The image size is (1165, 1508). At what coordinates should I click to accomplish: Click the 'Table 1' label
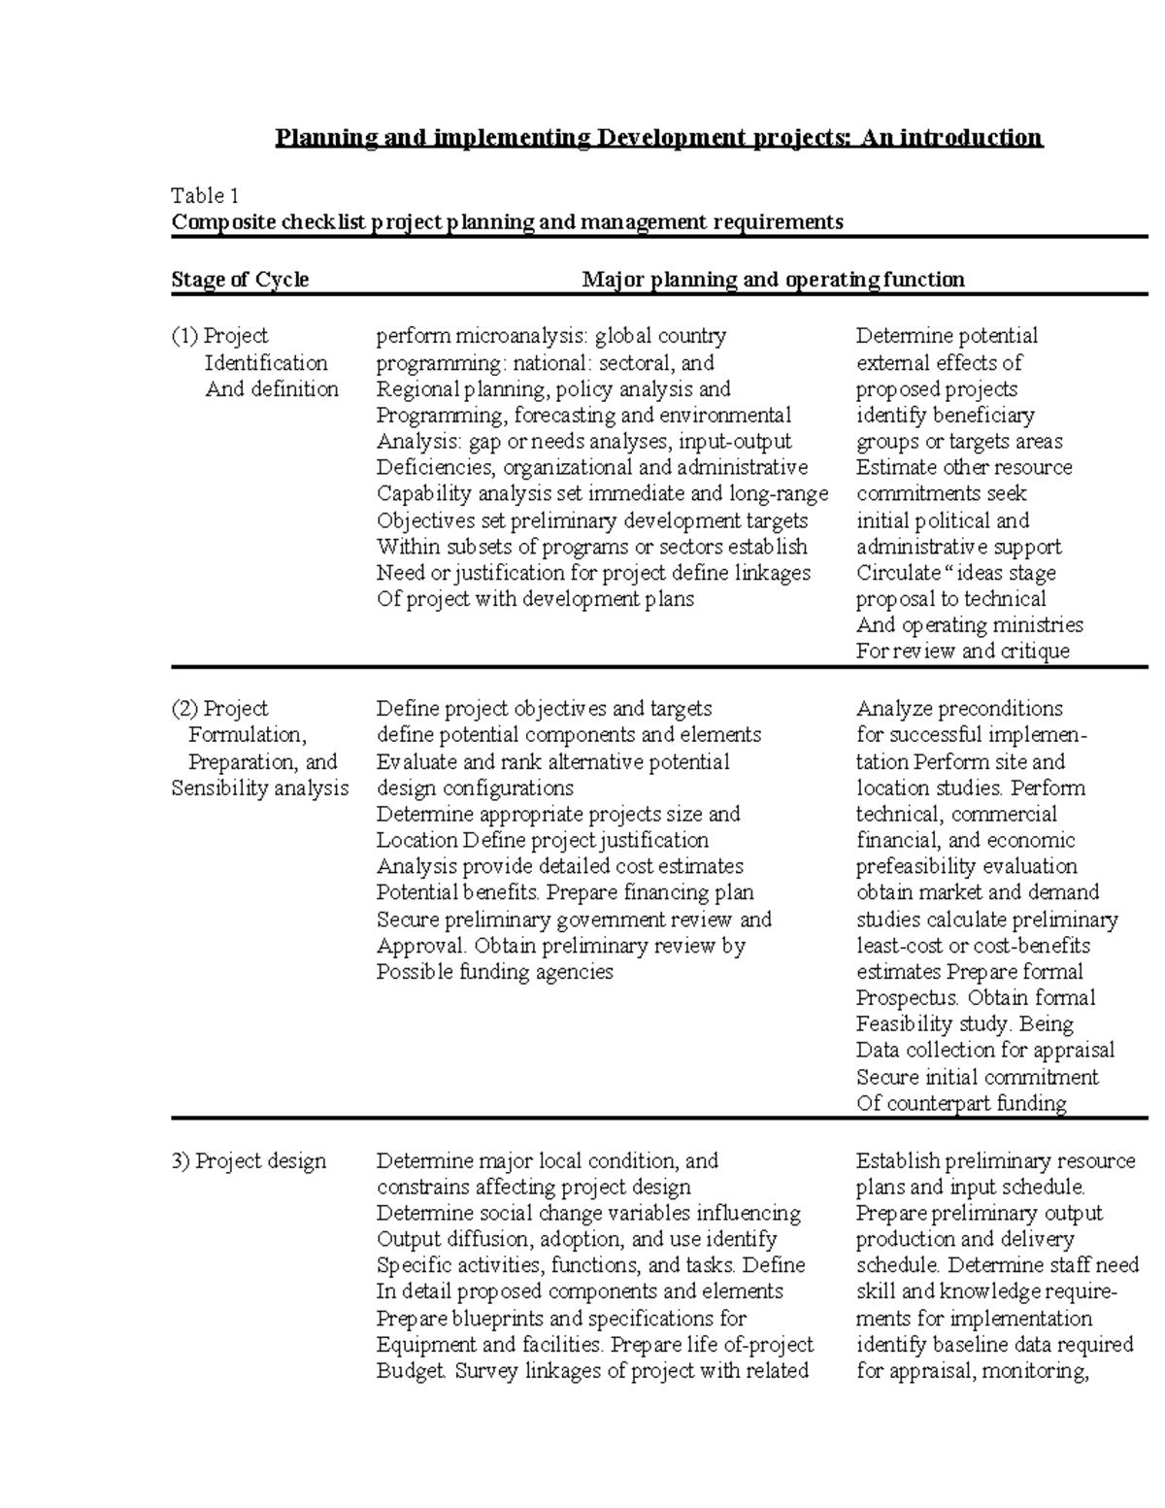tap(204, 195)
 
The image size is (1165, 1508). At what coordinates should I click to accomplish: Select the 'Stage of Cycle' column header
tap(240, 280)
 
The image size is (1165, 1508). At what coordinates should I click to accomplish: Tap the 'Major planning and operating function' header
tap(773, 280)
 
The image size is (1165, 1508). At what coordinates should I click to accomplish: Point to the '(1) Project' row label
tap(220, 336)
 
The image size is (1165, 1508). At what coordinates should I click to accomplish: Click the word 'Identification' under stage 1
tap(266, 363)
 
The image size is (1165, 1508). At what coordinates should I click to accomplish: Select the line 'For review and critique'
tap(962, 651)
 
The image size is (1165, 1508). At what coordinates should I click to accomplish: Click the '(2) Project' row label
tap(220, 709)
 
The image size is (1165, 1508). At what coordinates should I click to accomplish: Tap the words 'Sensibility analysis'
tap(259, 788)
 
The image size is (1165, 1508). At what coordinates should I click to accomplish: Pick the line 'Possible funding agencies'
tap(494, 971)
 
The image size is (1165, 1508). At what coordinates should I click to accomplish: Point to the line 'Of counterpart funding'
tap(961, 1103)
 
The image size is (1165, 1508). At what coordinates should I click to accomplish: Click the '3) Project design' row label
tap(250, 1161)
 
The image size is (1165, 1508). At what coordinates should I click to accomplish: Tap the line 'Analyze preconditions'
tap(959, 709)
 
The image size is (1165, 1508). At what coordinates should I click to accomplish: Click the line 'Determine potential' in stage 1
tap(947, 336)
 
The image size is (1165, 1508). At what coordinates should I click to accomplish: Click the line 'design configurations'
tap(475, 788)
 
